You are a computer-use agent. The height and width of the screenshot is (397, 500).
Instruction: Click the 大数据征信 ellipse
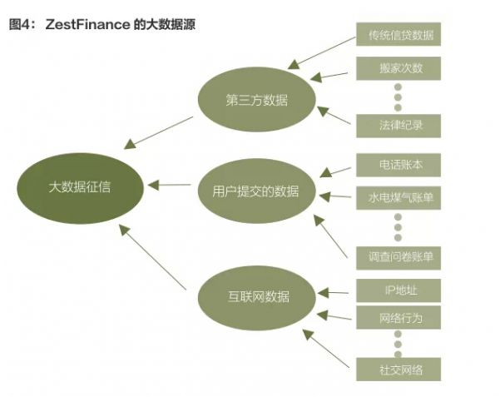click(x=78, y=186)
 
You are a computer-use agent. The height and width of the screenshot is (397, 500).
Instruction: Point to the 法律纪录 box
click(x=397, y=127)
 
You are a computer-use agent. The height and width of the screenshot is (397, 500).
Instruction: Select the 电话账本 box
click(x=397, y=165)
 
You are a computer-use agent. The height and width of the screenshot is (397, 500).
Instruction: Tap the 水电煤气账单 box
click(x=397, y=198)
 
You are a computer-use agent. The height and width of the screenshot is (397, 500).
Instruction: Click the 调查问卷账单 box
click(x=397, y=257)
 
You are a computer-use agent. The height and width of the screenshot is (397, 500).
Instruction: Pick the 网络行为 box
click(x=397, y=318)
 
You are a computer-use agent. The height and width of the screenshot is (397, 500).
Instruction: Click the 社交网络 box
click(x=397, y=369)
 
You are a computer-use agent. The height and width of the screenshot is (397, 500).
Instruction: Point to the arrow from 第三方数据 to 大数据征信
click(x=158, y=132)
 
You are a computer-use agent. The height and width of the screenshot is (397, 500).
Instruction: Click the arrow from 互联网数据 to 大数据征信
click(x=153, y=257)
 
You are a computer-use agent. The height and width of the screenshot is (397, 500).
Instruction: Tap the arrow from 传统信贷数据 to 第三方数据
click(x=319, y=52)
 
